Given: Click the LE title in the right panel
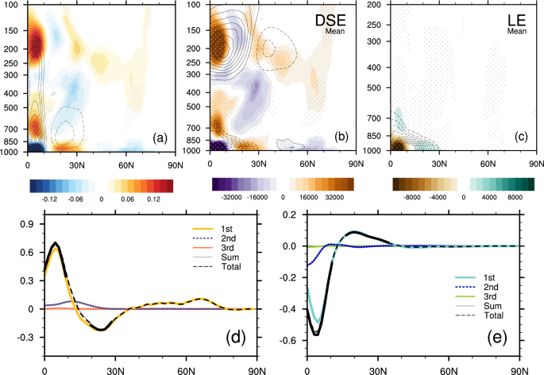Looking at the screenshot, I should coord(507,19).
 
